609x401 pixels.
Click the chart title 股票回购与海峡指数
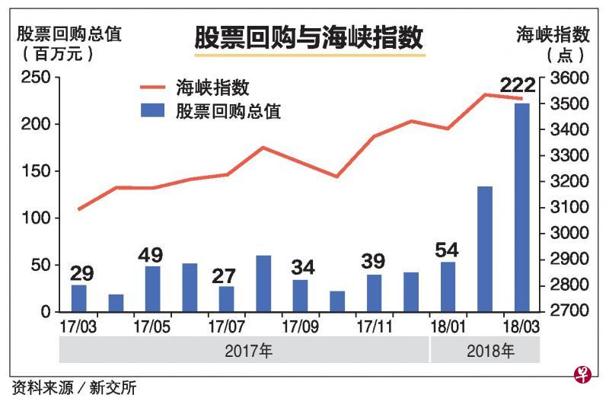pos(308,37)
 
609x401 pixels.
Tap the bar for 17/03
pos(79,298)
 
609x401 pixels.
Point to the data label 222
pos(518,85)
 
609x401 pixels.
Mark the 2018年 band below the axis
pos(485,351)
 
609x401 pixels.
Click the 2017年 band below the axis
pos(245,351)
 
